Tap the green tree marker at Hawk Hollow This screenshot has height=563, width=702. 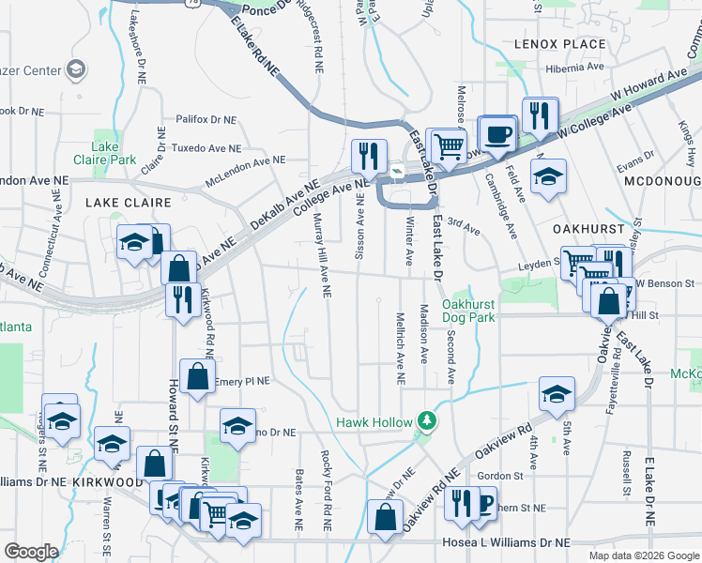click(x=427, y=420)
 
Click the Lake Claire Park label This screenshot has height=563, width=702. click(x=106, y=153)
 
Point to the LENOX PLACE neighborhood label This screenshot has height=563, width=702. click(x=559, y=44)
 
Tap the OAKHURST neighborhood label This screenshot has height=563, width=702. click(x=582, y=227)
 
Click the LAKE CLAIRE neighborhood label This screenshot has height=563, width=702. click(x=129, y=203)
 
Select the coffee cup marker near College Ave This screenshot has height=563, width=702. click(x=496, y=132)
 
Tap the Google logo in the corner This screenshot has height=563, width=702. click(x=31, y=552)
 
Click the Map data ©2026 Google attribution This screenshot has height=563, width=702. click(x=643, y=555)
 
